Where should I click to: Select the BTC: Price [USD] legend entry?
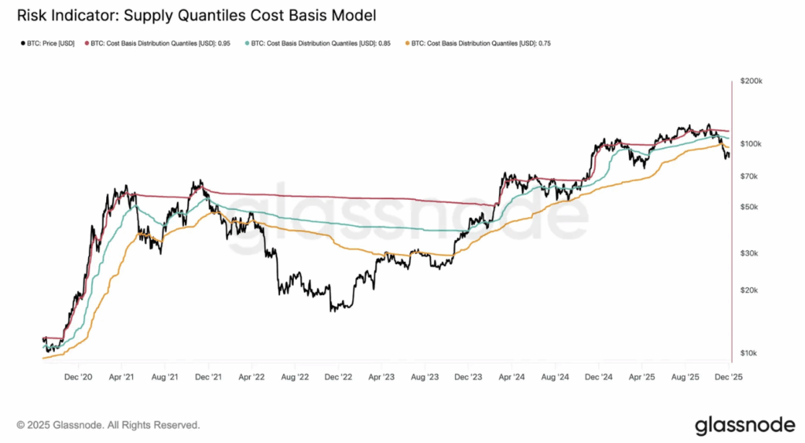(x=50, y=44)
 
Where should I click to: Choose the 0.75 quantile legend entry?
(x=479, y=44)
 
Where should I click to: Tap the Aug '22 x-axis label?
(x=294, y=378)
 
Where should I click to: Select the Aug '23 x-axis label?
(x=425, y=378)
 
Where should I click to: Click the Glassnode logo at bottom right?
(x=744, y=425)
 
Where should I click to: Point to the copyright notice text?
(x=108, y=425)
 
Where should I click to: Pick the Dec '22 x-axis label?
(x=337, y=378)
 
